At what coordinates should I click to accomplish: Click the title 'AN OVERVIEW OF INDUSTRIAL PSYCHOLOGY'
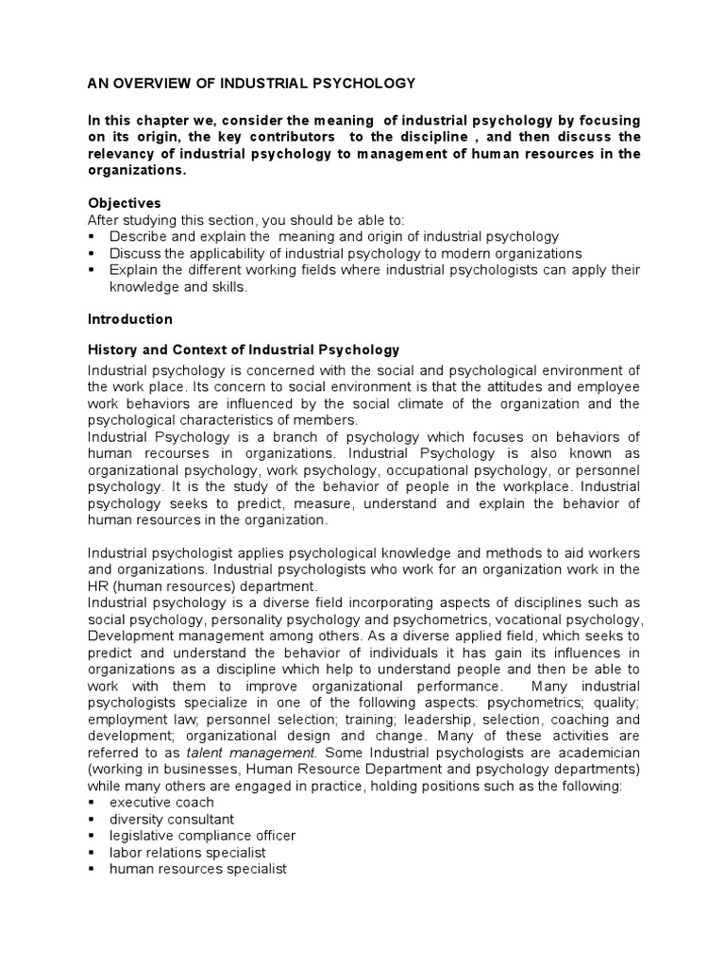click(x=251, y=84)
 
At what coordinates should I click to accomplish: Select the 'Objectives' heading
click(x=124, y=203)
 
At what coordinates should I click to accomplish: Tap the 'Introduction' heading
click(x=130, y=319)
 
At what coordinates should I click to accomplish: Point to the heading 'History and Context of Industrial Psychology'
click(x=244, y=350)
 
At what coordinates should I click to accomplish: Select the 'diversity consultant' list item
click(x=172, y=820)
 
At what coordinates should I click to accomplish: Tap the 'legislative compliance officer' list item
click(x=202, y=836)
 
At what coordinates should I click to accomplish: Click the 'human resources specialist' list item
click(x=197, y=869)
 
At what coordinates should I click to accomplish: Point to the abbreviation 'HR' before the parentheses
click(x=97, y=585)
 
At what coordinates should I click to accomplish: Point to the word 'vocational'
click(x=522, y=619)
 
